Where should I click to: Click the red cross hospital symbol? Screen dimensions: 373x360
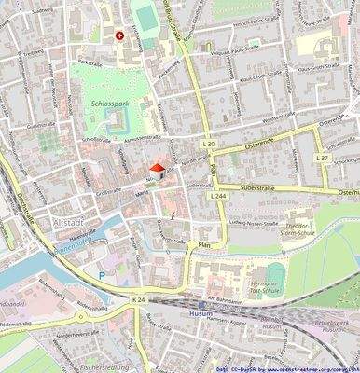point(119,36)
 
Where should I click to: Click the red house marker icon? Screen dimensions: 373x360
point(159,170)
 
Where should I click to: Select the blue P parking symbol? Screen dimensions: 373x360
point(101,275)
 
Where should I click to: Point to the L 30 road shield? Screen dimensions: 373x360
point(208,145)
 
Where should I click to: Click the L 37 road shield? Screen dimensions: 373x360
point(322,158)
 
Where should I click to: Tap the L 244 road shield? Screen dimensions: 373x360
point(218,196)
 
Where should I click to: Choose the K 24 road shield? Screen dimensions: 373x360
point(139,299)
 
